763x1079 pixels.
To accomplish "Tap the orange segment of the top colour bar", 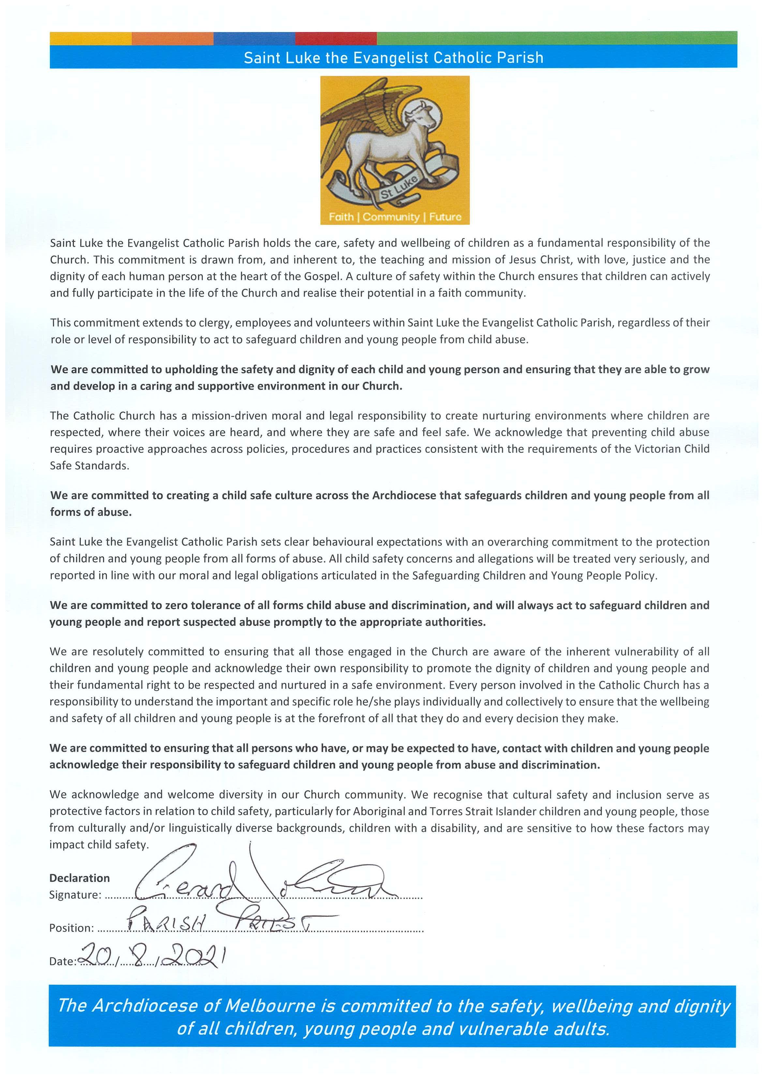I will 172,38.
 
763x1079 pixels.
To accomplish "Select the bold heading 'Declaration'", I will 80,878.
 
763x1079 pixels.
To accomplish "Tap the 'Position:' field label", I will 71,928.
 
